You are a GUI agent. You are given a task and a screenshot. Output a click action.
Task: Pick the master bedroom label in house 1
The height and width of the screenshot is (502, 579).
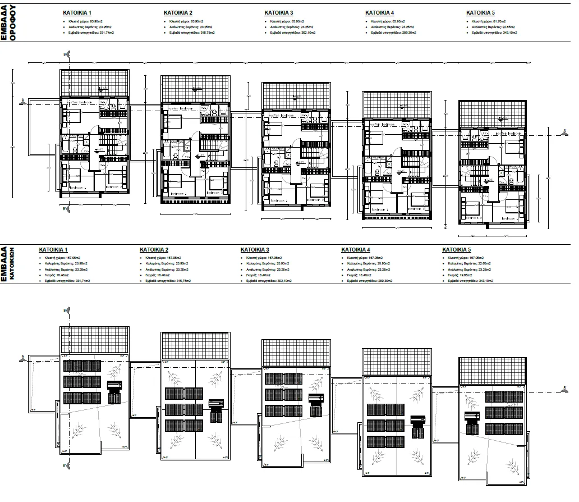pyautogui.click(x=79, y=102)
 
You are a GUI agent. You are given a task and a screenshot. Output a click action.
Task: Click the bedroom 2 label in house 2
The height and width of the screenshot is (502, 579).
pyautogui.click(x=218, y=192)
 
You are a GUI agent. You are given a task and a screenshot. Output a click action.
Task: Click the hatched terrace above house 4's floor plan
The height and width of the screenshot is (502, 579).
pyautogui.click(x=397, y=105)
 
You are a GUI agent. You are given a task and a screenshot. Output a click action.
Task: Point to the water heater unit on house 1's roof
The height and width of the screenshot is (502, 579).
pyautogui.click(x=114, y=393)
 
